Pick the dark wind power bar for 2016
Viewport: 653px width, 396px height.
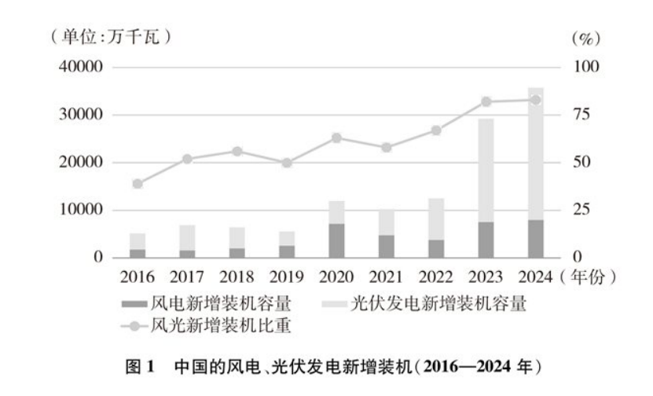click(x=138, y=253)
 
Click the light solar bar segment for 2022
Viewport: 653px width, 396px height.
click(x=436, y=219)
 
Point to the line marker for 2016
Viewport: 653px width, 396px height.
click(x=138, y=184)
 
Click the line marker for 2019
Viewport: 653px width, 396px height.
click(x=287, y=163)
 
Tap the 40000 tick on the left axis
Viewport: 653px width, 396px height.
click(x=82, y=68)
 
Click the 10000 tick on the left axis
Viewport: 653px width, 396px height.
click(x=82, y=210)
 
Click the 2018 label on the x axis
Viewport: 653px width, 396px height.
click(x=237, y=276)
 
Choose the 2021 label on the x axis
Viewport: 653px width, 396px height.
click(x=387, y=276)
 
